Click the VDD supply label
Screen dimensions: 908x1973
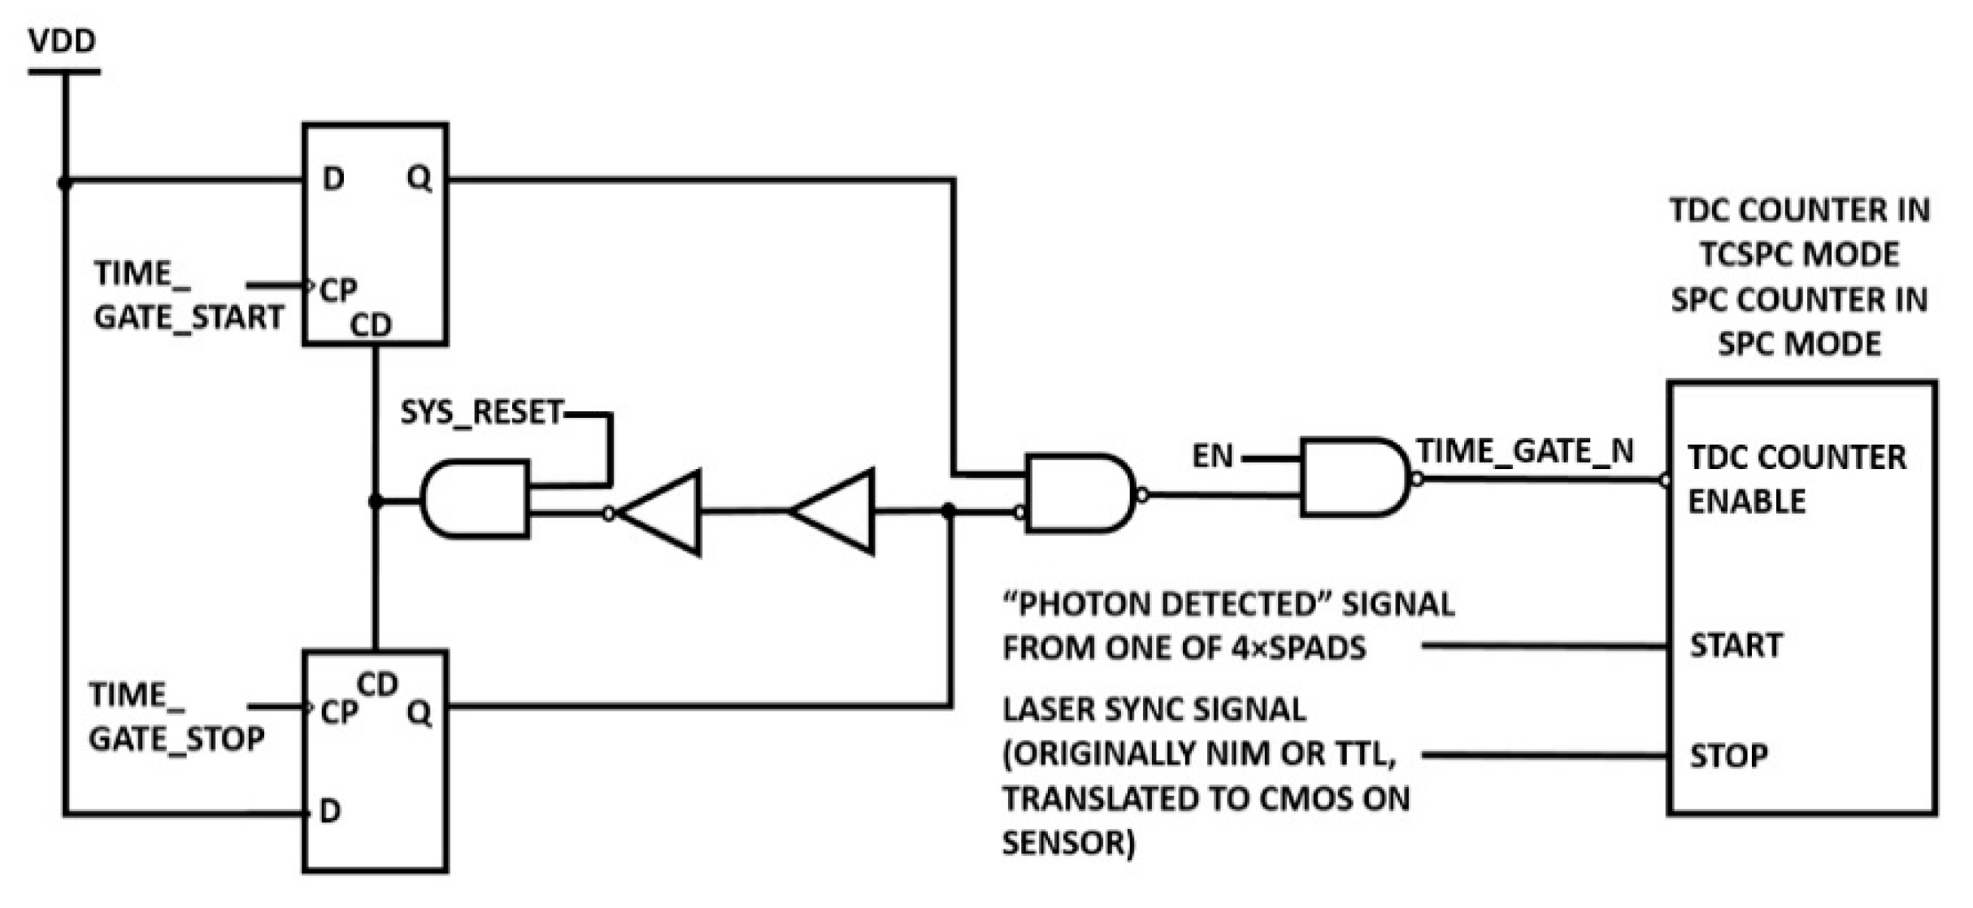[62, 41]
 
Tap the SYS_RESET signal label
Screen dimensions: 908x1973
[481, 413]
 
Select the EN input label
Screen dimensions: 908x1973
[1212, 456]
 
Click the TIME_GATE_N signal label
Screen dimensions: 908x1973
[1524, 450]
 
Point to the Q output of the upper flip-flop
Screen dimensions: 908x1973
[419, 178]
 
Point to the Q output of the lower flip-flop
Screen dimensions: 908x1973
[419, 713]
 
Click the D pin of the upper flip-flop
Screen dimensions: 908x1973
[333, 179]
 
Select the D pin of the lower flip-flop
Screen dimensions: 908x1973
[330, 810]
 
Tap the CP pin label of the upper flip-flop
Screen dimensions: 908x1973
[338, 290]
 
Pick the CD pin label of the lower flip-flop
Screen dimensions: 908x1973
[377, 685]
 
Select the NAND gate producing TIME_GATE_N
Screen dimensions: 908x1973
[1354, 478]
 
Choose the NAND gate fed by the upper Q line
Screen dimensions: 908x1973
[1080, 493]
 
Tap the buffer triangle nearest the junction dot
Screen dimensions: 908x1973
[836, 512]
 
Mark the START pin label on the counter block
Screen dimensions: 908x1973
[1736, 645]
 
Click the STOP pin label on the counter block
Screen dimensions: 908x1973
[1728, 756]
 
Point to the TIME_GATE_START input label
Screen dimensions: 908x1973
[189, 295]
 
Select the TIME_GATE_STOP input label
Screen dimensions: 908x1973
[176, 717]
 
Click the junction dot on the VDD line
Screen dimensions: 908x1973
[65, 184]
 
